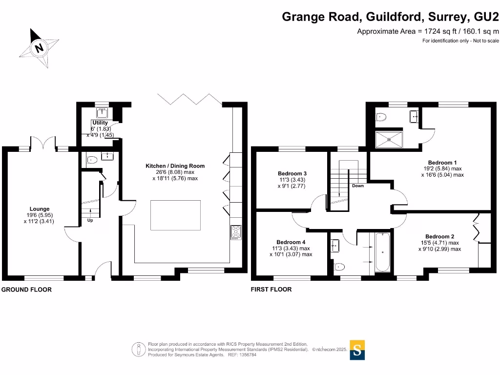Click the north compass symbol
pos(39,47)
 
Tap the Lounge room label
pos(39,209)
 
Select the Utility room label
pos(100,123)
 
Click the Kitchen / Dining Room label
pos(175,166)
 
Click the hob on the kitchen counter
pos(236,232)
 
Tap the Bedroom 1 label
pos(442,163)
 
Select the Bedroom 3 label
pos(292,173)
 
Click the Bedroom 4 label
pos(291,242)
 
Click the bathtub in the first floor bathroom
pos(382,252)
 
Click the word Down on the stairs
pos(357,186)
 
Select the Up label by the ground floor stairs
pos(90,220)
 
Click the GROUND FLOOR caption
pos(27,290)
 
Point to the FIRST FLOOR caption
pos(271,290)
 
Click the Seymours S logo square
pos(357,350)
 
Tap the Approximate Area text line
pos(428,31)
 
